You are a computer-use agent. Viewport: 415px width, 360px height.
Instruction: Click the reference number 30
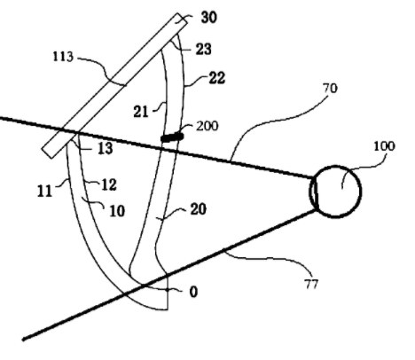[209, 18]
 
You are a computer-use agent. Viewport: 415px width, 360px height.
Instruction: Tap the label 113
[63, 57]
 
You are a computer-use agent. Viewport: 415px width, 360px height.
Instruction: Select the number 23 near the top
[203, 49]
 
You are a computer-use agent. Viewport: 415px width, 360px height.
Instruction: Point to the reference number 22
[217, 78]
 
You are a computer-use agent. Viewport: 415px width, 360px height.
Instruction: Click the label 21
[141, 112]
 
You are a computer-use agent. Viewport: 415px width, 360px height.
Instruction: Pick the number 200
[207, 126]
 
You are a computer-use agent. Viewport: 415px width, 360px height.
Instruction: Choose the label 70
[330, 89]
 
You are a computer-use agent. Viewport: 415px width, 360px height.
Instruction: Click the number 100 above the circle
[384, 146]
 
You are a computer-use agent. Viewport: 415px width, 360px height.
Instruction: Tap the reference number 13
[106, 148]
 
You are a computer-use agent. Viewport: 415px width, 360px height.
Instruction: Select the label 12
[109, 184]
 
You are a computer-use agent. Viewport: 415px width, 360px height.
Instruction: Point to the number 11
[45, 192]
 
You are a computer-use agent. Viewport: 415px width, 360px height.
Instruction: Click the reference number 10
[117, 211]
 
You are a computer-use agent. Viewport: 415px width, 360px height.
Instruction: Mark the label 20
[199, 209]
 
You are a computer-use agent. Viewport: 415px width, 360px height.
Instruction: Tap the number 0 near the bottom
[193, 292]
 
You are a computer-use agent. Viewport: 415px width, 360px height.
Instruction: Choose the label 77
[311, 285]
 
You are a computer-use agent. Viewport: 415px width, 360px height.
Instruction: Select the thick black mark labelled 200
[172, 137]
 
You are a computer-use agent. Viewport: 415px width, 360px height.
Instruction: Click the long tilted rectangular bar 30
[115, 86]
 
